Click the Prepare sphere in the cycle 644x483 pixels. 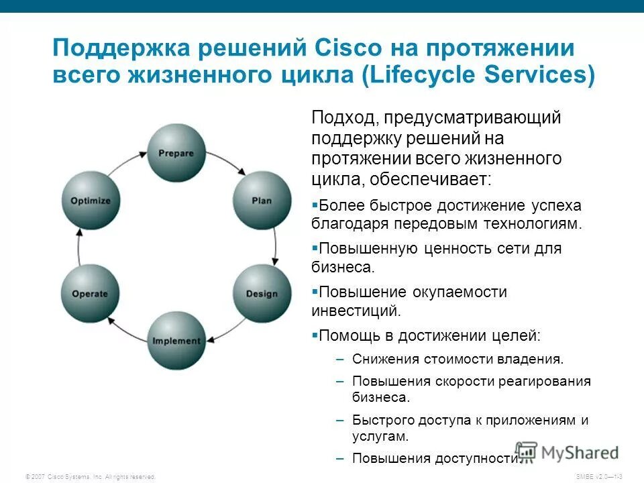[176, 153]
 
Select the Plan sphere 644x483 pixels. [262, 200]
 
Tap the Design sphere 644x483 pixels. [262, 294]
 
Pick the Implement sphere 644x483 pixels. [176, 341]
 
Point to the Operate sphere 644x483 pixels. [90, 294]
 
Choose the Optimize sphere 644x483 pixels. [90, 200]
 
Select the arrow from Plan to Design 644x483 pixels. [274, 247]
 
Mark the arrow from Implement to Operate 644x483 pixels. [125, 330]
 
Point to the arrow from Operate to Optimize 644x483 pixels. [78, 247]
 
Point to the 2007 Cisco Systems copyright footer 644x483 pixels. [90, 476]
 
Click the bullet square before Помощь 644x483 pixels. [315, 333]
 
